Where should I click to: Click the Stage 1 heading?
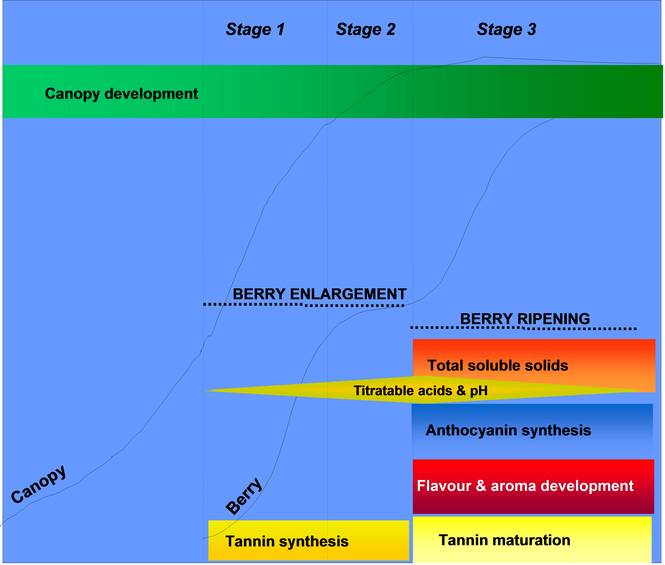click(255, 29)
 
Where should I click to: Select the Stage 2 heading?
click(366, 29)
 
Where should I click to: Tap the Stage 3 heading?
click(507, 29)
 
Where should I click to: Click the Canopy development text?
click(121, 94)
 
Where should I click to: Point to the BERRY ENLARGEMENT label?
click(320, 294)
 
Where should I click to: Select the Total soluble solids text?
click(498, 365)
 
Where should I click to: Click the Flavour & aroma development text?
click(525, 486)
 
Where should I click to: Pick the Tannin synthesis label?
click(287, 542)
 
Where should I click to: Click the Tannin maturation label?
click(504, 540)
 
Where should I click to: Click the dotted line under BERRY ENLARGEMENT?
click(304, 305)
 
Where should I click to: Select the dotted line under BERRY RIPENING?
click(523, 328)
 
